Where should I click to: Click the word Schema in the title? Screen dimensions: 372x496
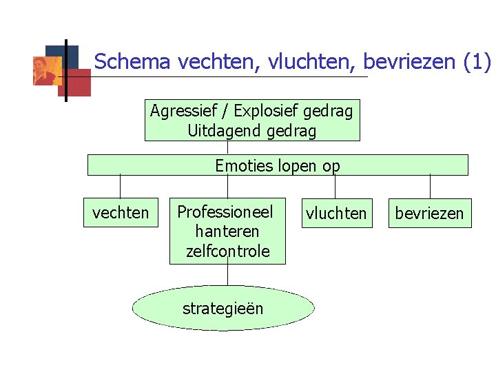coord(132,63)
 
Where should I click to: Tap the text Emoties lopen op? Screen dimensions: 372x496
coord(278,166)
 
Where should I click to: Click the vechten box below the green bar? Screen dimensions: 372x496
coord(121,213)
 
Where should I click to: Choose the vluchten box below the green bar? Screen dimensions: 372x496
coord(336,213)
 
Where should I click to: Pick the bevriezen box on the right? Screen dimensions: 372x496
coord(429,213)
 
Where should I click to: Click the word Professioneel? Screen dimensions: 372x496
coord(225,211)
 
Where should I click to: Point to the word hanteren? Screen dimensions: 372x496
coord(227,231)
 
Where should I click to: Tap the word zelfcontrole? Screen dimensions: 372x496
coord(227,251)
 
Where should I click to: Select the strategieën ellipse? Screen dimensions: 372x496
coord(223,309)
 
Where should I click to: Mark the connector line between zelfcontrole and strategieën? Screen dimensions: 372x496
coord(227,275)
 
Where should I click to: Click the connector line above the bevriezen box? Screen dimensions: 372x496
coord(431,187)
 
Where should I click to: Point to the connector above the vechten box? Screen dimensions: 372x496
coord(121,187)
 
